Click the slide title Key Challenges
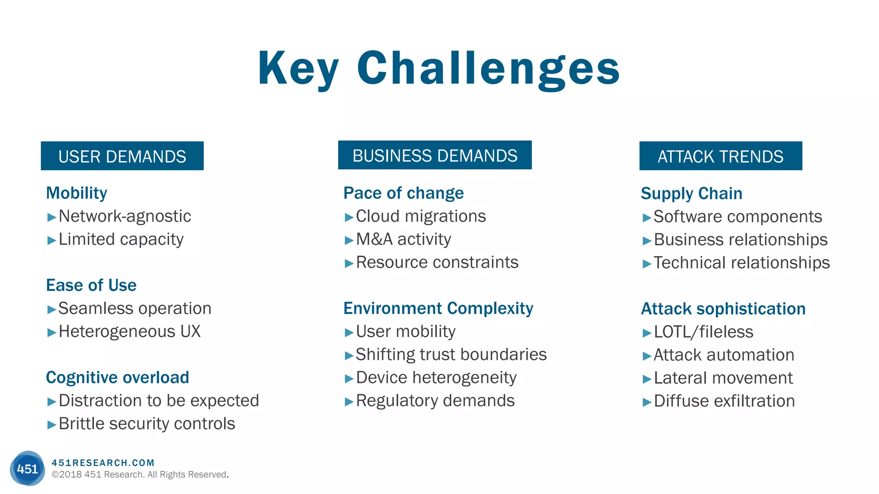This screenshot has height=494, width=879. pos(439,69)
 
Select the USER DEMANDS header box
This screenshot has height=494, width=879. pos(122,156)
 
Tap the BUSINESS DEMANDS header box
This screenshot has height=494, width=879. pos(434,155)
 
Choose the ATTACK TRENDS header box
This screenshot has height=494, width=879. pos(720,156)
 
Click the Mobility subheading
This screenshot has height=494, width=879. pos(76,193)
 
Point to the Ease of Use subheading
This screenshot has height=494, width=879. pos(91,285)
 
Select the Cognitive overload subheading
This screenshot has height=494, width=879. pos(117,377)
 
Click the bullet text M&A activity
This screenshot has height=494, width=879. pos(403,239)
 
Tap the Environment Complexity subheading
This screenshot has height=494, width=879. pos(438,308)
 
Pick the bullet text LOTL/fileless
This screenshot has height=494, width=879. pos(703,332)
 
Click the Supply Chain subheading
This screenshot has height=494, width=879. pos(691,193)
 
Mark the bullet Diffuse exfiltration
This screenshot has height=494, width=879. pos(724,401)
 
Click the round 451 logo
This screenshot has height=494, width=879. pos(27,468)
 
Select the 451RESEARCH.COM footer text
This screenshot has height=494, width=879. pos(103,463)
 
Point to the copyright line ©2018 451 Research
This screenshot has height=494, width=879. pos(139,475)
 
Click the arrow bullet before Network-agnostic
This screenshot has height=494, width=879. pos(52,217)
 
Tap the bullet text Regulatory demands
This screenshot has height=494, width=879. pos(435,401)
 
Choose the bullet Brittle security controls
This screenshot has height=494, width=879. pos(147,424)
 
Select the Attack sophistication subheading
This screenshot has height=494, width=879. pos(723,309)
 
